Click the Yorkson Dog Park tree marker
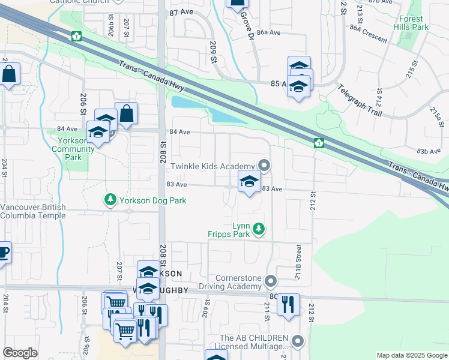click(110, 199)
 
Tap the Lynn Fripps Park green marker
click(259, 229)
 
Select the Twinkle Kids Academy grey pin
click(264, 166)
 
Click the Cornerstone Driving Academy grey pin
click(271, 281)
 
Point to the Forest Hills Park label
click(412, 23)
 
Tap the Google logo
click(20, 353)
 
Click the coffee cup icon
click(3, 253)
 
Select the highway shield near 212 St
click(319, 143)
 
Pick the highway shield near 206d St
click(76, 36)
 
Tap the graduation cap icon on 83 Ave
click(249, 181)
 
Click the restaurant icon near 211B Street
click(288, 304)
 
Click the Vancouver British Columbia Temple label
click(41, 211)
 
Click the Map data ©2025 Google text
click(411, 355)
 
